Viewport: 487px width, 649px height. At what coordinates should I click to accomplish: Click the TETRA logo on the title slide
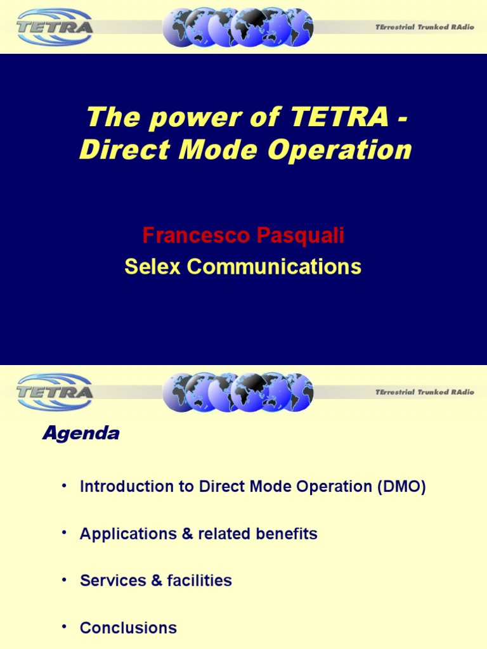(55, 27)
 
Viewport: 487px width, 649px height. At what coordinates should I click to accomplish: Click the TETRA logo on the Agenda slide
(55, 392)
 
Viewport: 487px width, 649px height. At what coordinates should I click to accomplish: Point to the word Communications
(274, 267)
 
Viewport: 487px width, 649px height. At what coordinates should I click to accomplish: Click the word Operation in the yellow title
(339, 150)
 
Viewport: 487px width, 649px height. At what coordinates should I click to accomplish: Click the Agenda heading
(81, 434)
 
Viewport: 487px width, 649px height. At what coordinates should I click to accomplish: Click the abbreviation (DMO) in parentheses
(401, 487)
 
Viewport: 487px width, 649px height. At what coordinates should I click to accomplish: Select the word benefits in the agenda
(287, 534)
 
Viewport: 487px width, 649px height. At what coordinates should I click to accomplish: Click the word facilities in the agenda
(199, 581)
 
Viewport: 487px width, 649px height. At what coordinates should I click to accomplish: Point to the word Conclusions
(128, 628)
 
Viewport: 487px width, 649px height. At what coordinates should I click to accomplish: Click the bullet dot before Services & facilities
(64, 579)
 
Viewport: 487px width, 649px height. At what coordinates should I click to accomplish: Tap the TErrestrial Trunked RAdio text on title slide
(424, 27)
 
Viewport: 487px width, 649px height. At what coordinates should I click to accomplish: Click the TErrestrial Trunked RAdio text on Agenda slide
(424, 392)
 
